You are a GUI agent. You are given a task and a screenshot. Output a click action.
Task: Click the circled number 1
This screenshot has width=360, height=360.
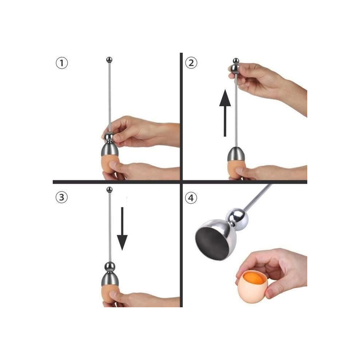click(62, 63)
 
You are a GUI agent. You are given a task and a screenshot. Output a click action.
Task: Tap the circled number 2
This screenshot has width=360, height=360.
click(191, 63)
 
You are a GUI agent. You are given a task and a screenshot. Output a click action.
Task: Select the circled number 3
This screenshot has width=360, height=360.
click(61, 197)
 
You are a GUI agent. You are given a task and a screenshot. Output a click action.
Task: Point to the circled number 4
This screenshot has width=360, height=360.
click(191, 197)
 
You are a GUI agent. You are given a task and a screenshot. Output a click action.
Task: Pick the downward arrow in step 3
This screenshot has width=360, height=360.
click(122, 229)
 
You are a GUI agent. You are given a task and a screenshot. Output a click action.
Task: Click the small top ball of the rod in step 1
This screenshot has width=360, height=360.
click(109, 60)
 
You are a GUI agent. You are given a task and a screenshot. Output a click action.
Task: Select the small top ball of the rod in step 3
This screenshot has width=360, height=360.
click(109, 190)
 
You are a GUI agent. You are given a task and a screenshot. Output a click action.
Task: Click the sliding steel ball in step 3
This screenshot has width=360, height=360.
click(109, 267)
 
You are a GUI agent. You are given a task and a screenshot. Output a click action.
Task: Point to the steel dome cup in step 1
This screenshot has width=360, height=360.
click(110, 149)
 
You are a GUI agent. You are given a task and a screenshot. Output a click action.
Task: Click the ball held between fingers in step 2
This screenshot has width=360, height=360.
click(236, 68)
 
